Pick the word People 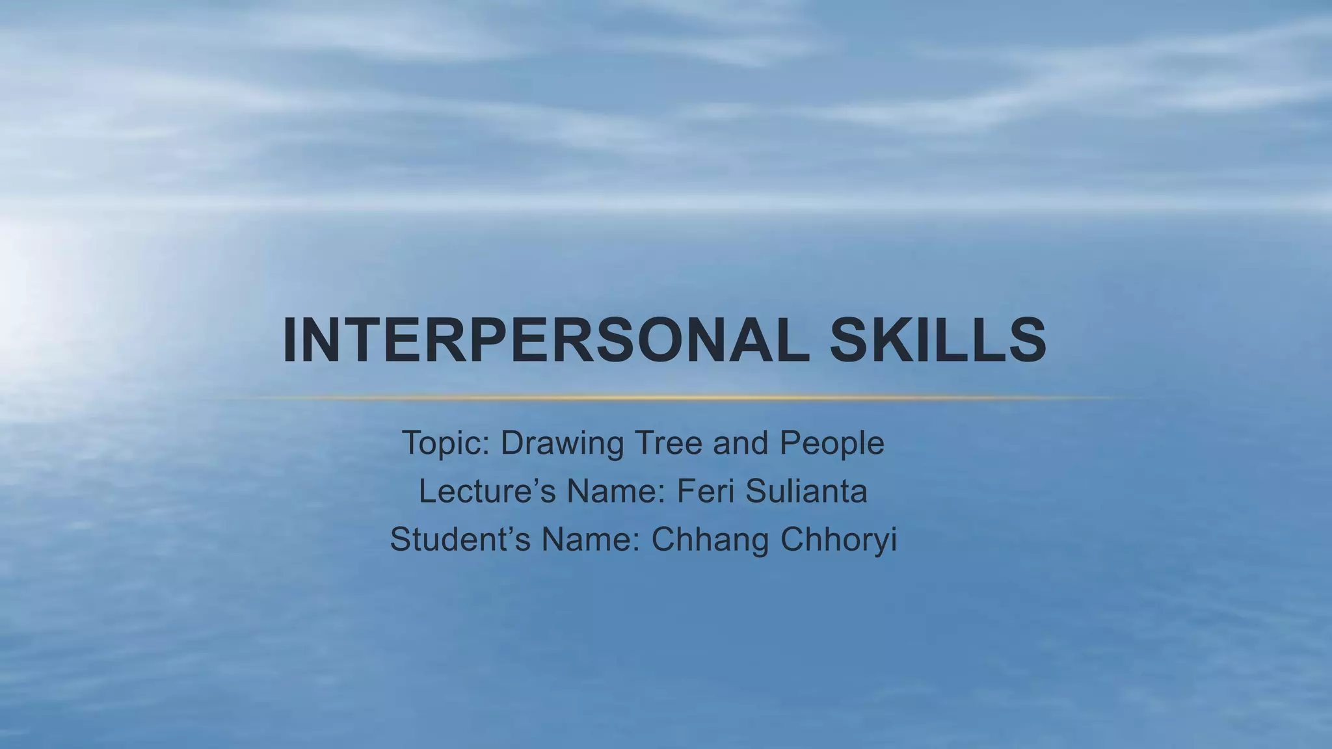(x=832, y=443)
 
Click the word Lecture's (x=487, y=492)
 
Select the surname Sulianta (x=806, y=492)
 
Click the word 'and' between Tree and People (x=741, y=443)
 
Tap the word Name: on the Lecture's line (x=617, y=492)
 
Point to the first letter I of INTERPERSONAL (x=290, y=341)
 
